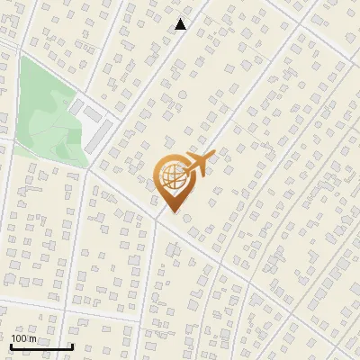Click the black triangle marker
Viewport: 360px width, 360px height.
point(181,24)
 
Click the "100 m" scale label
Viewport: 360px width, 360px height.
point(24,338)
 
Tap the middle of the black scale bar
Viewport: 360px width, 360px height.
point(41,346)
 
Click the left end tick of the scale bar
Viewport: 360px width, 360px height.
point(11,345)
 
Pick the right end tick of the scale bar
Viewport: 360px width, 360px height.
point(72,345)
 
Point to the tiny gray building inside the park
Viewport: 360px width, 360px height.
point(65,102)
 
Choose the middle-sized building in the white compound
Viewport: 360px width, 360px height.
point(92,114)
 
